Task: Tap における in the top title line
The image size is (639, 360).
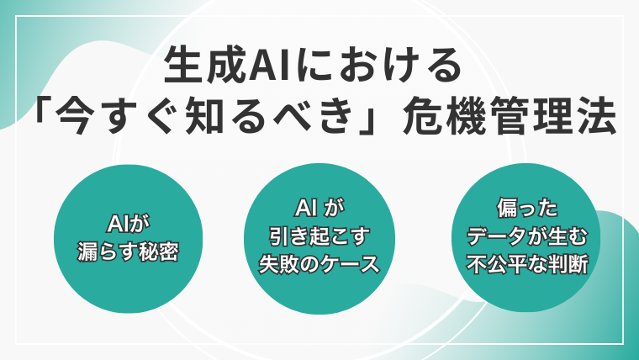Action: pos(376,66)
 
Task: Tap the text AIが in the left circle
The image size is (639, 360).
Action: pos(129,224)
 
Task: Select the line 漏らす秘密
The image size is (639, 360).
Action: pos(129,251)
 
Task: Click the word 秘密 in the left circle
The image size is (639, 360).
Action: pos(159,251)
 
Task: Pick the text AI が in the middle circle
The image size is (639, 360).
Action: pos(319,209)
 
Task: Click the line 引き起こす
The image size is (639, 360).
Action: pos(319,236)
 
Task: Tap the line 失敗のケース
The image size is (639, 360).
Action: pos(319,265)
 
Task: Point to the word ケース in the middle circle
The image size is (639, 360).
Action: pos(350,265)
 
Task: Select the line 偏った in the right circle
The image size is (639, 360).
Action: pos(527,209)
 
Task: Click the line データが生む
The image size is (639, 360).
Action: pos(527,236)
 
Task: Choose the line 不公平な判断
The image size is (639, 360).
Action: pos(527,265)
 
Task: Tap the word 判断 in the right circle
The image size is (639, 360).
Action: pos(568,265)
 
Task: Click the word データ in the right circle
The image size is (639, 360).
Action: pos(496,236)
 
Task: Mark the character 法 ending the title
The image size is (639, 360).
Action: pos(597,117)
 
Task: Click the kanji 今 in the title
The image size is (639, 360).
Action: pos(72,117)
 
